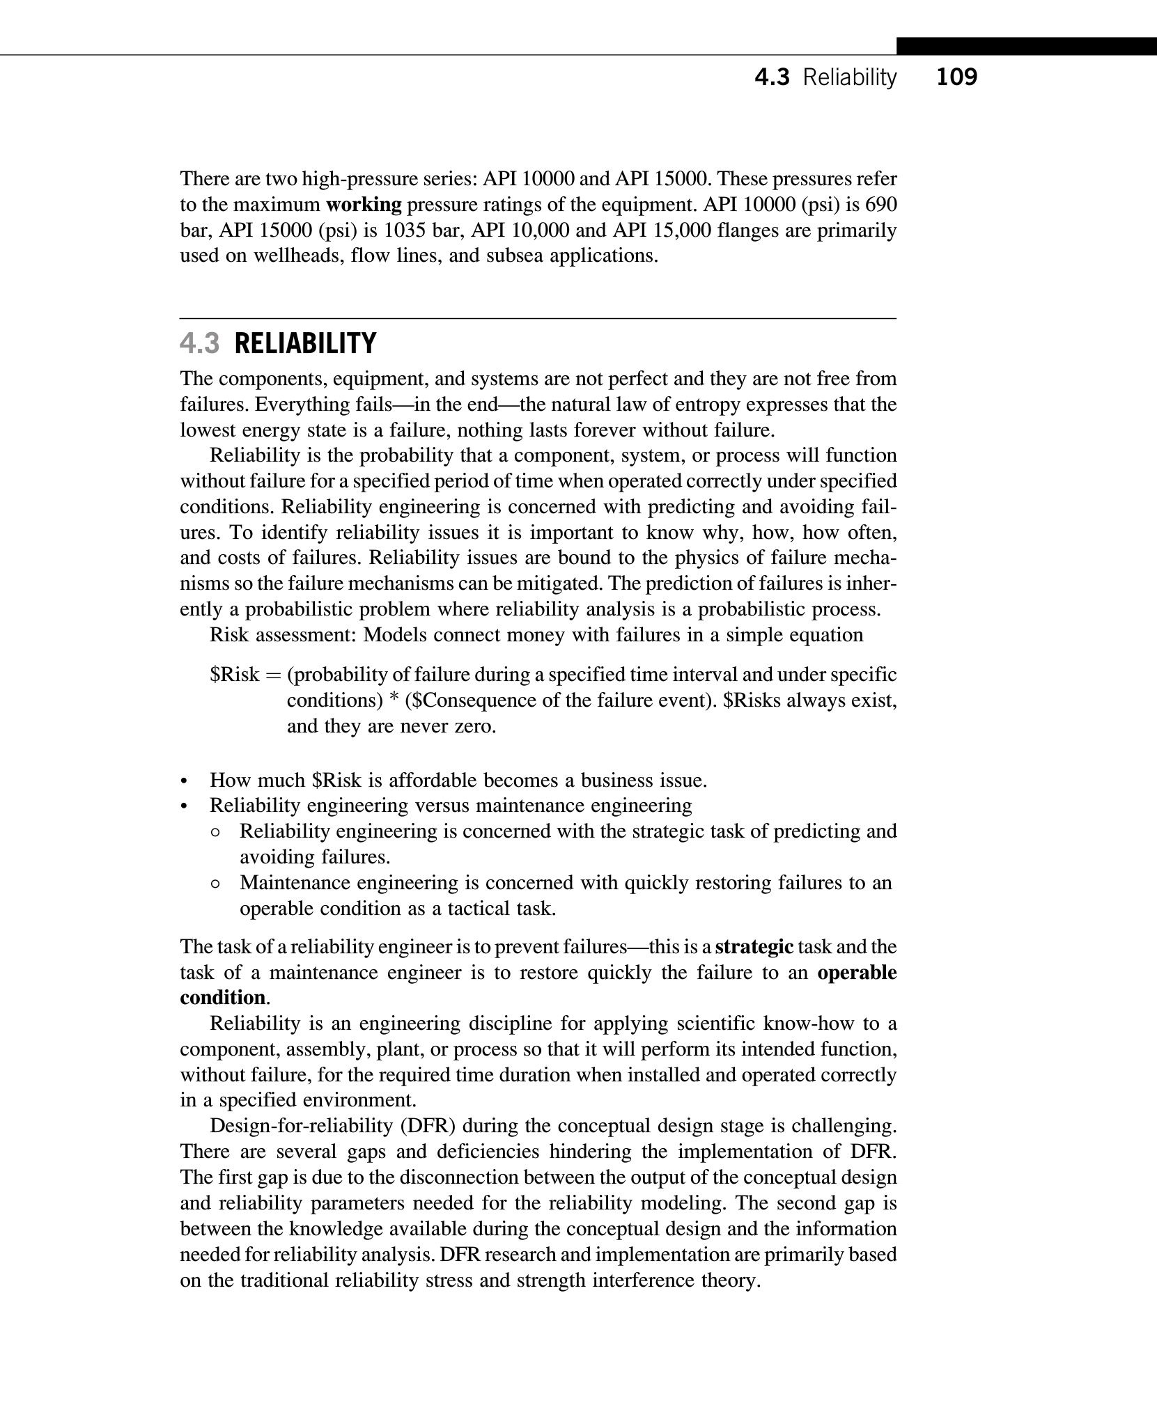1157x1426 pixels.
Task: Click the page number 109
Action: click(x=956, y=77)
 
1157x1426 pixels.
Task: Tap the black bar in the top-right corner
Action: click(x=1026, y=46)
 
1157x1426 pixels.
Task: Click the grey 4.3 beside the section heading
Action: click(x=200, y=344)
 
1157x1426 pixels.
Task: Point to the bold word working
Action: click(x=364, y=205)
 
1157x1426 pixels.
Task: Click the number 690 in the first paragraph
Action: click(x=880, y=205)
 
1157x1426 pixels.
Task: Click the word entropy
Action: click(x=731, y=405)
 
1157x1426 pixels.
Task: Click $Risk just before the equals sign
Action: click(x=235, y=675)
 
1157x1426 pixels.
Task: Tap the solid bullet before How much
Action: click(x=184, y=781)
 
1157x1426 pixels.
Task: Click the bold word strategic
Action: click(x=754, y=947)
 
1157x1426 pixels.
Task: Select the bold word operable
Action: click(x=857, y=973)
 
